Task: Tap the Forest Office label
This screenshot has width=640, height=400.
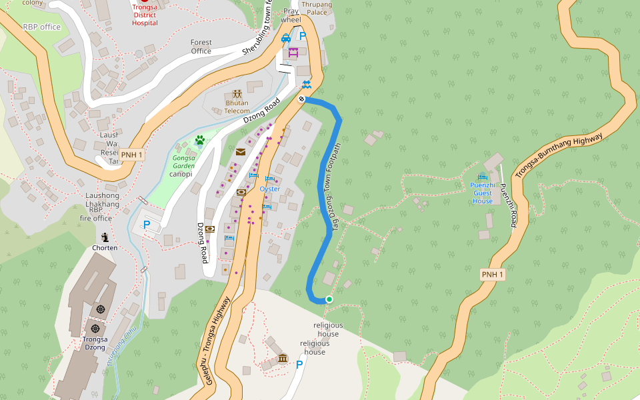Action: point(201,47)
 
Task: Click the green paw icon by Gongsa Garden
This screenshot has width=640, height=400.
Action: point(199,140)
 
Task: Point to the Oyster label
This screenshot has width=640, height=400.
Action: point(269,189)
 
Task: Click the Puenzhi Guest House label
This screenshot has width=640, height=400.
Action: point(483,193)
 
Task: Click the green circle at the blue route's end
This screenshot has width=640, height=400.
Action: point(329,299)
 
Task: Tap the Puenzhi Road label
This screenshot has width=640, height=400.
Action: point(509,206)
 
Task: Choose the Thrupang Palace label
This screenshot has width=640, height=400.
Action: point(316,8)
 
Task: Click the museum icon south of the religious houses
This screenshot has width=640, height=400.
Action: point(282,359)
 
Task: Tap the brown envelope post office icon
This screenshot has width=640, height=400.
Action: point(240,152)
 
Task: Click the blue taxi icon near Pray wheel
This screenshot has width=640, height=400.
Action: point(286,38)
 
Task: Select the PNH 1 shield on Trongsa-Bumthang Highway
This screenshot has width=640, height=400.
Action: point(493,275)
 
